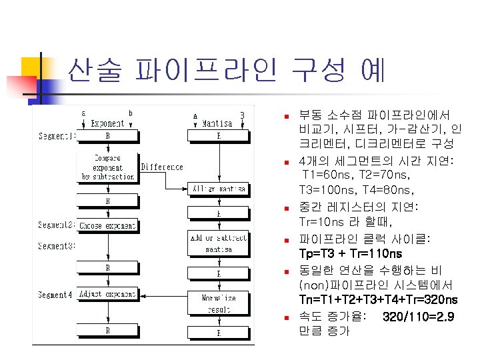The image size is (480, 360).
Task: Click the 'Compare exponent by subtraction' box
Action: click(107, 167)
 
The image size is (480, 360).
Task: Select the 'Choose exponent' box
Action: click(107, 225)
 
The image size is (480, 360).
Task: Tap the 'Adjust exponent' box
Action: click(107, 293)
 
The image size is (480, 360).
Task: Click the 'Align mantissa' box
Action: click(219, 189)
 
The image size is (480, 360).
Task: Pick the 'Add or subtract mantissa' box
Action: click(219, 245)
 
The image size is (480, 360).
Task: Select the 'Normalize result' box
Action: click(219, 303)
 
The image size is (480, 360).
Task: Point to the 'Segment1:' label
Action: click(56, 137)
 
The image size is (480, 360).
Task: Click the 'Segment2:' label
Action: click(56, 225)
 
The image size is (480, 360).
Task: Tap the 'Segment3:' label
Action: click(56, 246)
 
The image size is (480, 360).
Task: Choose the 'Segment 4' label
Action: click(56, 294)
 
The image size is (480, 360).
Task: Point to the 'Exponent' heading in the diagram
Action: click(107, 123)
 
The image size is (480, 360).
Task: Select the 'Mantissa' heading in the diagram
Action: click(217, 123)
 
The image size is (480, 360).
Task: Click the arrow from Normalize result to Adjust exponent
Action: click(163, 294)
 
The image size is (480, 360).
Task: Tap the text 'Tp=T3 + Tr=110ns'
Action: click(351, 255)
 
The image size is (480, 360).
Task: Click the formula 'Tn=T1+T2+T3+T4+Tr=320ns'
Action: click(379, 299)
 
